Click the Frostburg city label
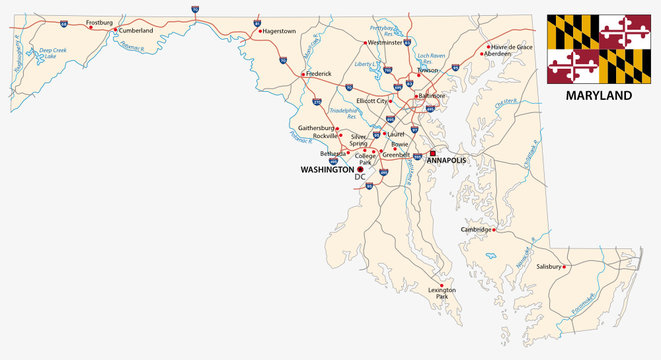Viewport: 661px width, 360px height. click(100, 21)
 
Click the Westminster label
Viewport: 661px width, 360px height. click(386, 43)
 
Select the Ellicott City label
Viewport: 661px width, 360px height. click(381, 100)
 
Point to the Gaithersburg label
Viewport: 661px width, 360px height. click(317, 129)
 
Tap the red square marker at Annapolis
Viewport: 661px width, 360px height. click(433, 154)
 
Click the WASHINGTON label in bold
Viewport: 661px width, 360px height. click(327, 170)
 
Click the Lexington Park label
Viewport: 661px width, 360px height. click(442, 293)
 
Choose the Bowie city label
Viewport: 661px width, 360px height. click(400, 144)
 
